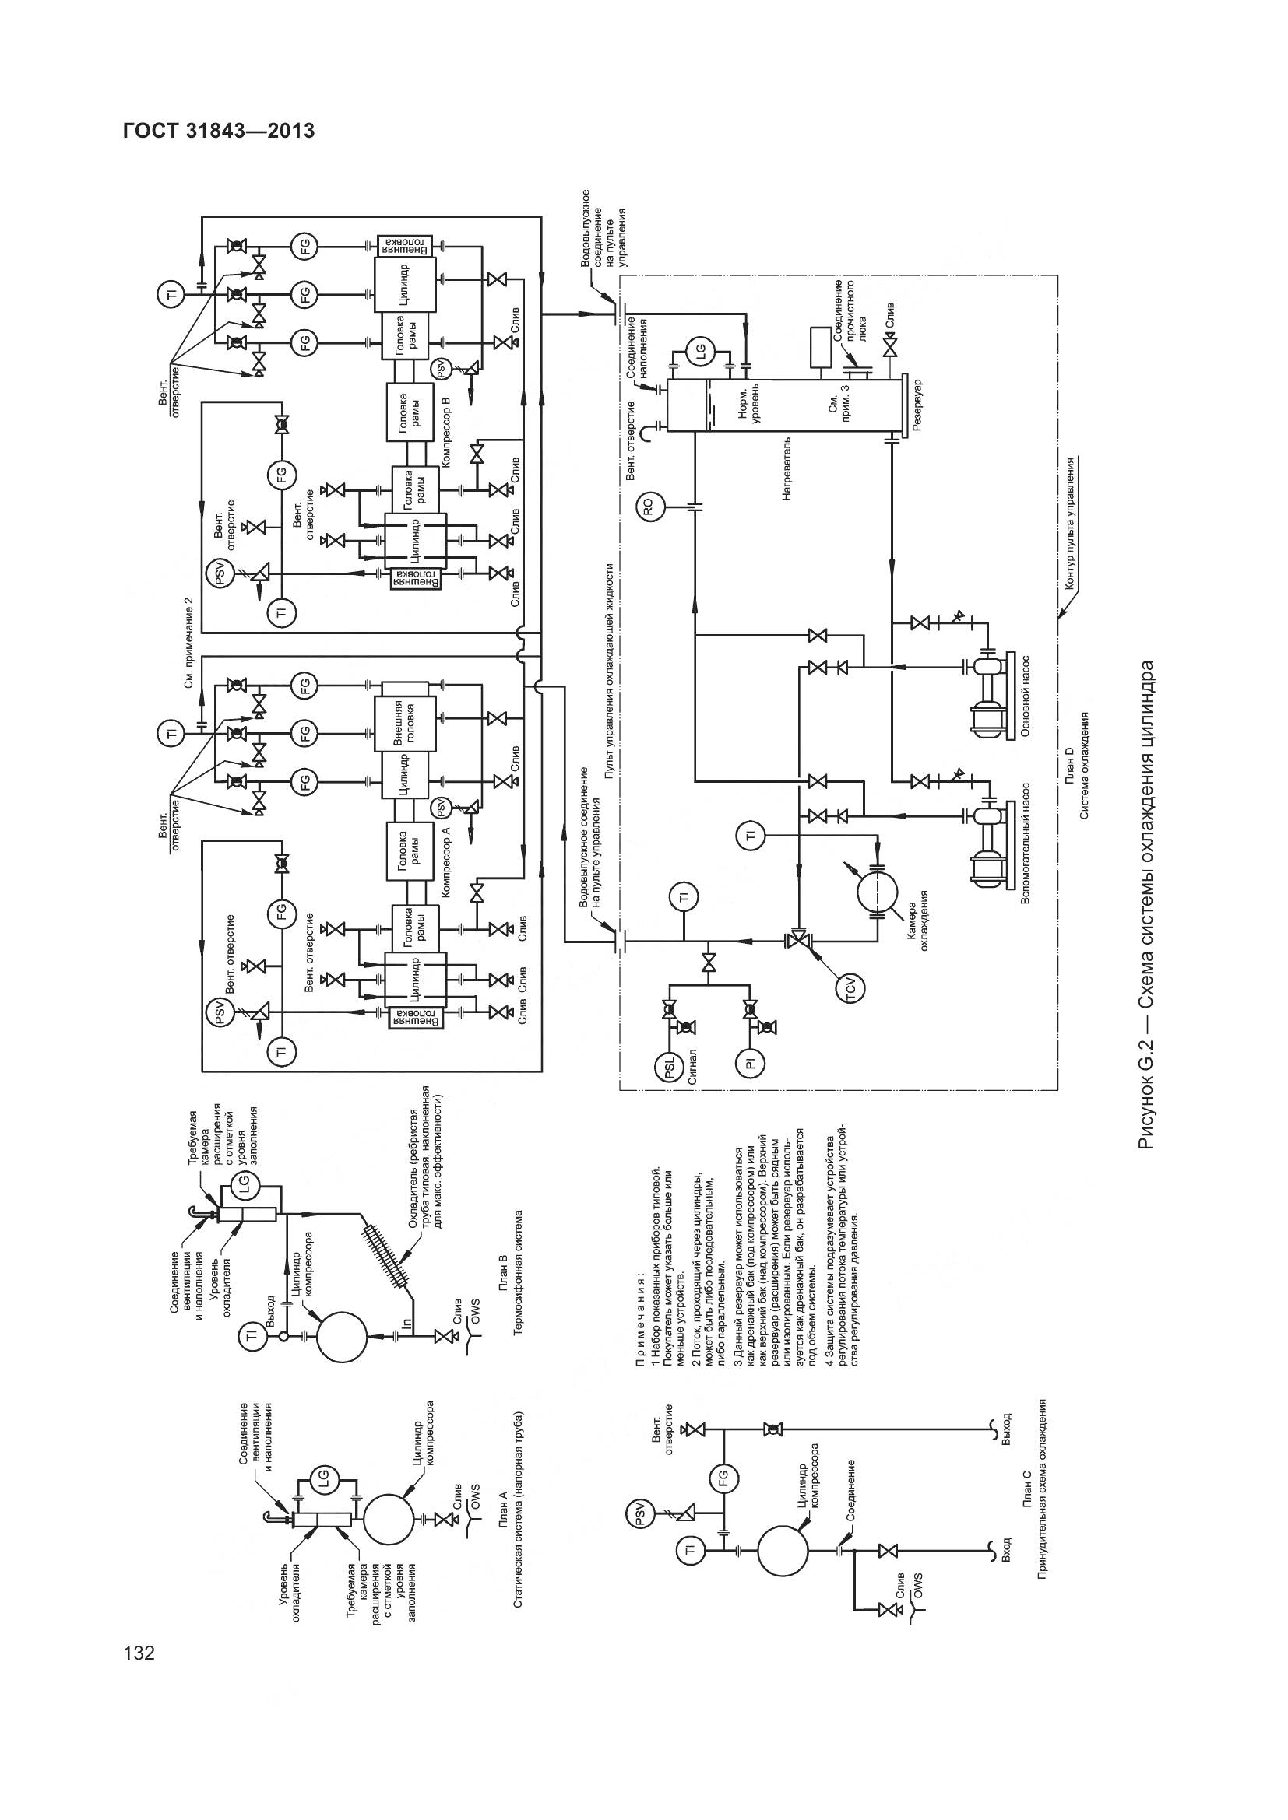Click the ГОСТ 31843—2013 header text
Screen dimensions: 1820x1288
point(219,131)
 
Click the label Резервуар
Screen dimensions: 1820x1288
point(917,405)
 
